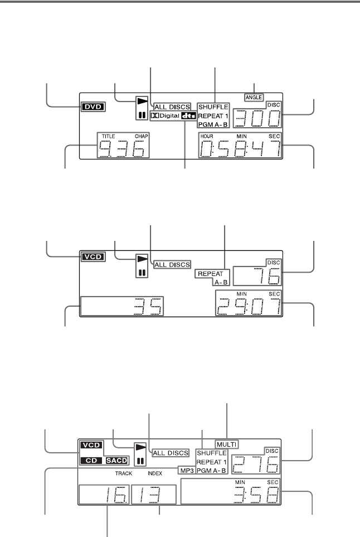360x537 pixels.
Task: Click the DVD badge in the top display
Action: (93, 107)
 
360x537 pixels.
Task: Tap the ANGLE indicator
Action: (254, 97)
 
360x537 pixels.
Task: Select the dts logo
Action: (188, 116)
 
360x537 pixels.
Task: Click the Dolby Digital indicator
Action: (166, 116)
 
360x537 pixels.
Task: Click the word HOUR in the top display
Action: (207, 136)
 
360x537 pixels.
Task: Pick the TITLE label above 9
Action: (108, 136)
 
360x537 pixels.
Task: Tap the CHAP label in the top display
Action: (142, 136)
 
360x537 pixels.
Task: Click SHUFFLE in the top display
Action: (213, 107)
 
